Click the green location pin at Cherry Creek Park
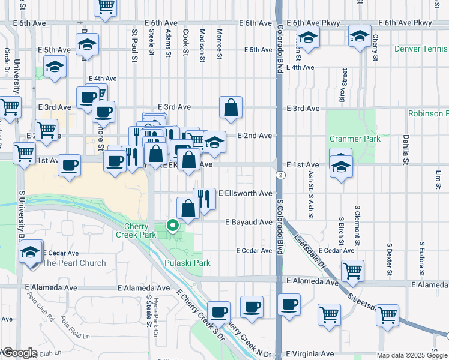click(x=173, y=226)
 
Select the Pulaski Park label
click(x=187, y=263)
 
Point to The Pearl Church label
click(x=74, y=263)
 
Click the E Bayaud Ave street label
click(x=249, y=222)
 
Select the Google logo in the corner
click(x=19, y=353)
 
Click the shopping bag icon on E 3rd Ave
click(x=231, y=108)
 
